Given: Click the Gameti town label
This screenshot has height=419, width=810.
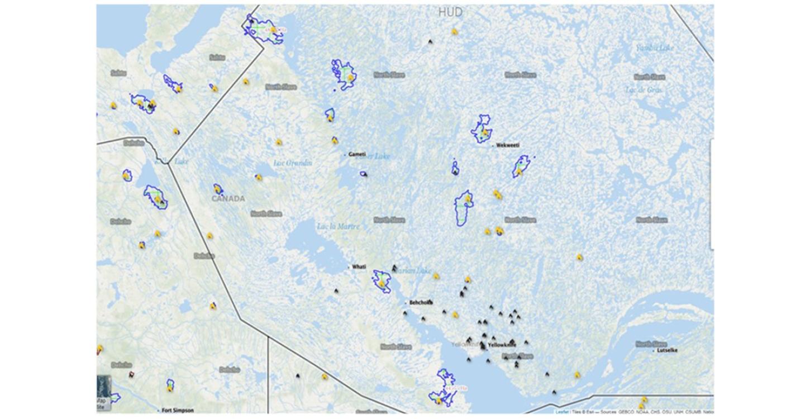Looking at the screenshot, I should click(x=357, y=154).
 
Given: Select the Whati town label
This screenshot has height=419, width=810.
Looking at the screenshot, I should click(x=359, y=266).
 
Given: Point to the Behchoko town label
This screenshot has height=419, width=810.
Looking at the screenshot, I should click(x=421, y=302).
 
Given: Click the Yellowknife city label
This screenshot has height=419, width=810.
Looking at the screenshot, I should click(x=501, y=345).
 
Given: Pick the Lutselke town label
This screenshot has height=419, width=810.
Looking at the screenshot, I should click(x=668, y=350).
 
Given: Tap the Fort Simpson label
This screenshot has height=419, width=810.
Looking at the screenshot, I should click(x=178, y=410).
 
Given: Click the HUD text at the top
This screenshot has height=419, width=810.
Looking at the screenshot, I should click(x=450, y=12).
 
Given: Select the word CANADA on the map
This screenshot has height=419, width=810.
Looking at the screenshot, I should click(x=228, y=198).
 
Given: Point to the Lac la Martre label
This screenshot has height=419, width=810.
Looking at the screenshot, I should click(x=339, y=226).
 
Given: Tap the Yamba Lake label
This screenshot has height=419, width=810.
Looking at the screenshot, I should click(x=655, y=47).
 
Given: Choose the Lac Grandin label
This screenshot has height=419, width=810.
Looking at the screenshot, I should click(x=293, y=163).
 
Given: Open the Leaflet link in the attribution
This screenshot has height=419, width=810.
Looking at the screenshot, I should click(x=562, y=412).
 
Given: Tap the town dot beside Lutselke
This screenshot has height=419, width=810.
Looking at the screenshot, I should click(x=654, y=351).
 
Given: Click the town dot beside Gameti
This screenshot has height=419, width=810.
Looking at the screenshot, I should click(x=345, y=154).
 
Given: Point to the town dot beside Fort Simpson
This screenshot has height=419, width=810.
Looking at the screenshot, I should click(x=158, y=410).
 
